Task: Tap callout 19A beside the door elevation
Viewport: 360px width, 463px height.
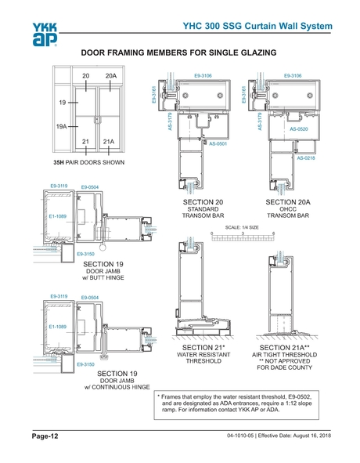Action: (59, 125)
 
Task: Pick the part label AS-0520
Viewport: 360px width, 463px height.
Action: (298, 129)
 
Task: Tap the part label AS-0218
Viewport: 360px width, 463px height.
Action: (304, 158)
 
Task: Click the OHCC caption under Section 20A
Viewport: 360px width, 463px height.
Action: (290, 209)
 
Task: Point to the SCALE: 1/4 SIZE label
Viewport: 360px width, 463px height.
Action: (242, 227)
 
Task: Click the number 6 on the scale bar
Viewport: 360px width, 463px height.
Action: (273, 234)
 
